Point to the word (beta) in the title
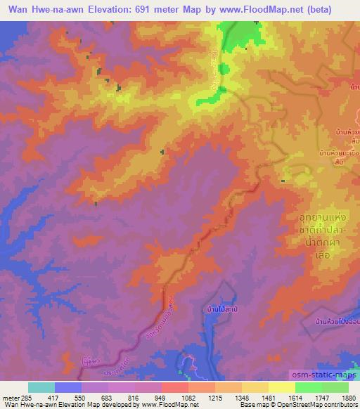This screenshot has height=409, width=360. point(333,8)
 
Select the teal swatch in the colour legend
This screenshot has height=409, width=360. point(41,387)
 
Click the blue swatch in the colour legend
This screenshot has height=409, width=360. point(68,387)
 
